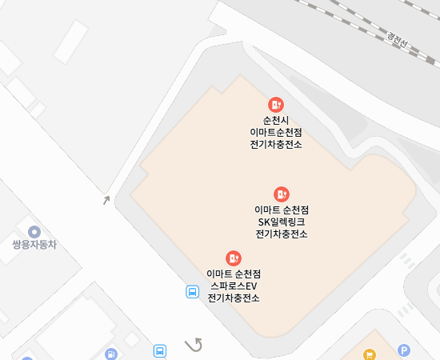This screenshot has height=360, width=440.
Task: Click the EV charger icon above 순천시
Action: tap(276, 104)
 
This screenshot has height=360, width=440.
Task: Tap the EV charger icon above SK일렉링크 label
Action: tap(282, 194)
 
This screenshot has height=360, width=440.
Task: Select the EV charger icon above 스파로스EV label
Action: tap(234, 258)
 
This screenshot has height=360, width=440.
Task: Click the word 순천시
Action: tap(276, 119)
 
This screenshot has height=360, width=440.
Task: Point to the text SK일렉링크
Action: tap(282, 222)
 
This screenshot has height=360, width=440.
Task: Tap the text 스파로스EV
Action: tap(234, 286)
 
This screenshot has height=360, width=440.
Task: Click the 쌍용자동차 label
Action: tap(34, 245)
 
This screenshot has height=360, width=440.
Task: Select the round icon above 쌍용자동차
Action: tap(34, 231)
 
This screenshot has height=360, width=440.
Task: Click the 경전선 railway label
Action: tap(398, 38)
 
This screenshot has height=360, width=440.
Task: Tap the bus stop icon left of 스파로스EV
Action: tap(193, 292)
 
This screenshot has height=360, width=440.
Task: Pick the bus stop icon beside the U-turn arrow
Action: tap(161, 350)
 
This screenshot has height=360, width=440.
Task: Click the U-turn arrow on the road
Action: tap(194, 345)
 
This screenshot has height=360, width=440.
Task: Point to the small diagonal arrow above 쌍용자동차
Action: tap(106, 200)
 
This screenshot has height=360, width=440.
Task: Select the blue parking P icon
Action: tap(404, 350)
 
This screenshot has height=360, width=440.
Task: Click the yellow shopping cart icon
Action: tap(369, 354)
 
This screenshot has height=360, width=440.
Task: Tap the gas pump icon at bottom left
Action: tap(110, 354)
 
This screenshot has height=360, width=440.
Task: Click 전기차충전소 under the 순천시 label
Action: tap(276, 144)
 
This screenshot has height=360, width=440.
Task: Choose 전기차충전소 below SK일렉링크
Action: tap(282, 234)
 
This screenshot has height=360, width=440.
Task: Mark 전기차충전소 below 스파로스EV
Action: tap(234, 298)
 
